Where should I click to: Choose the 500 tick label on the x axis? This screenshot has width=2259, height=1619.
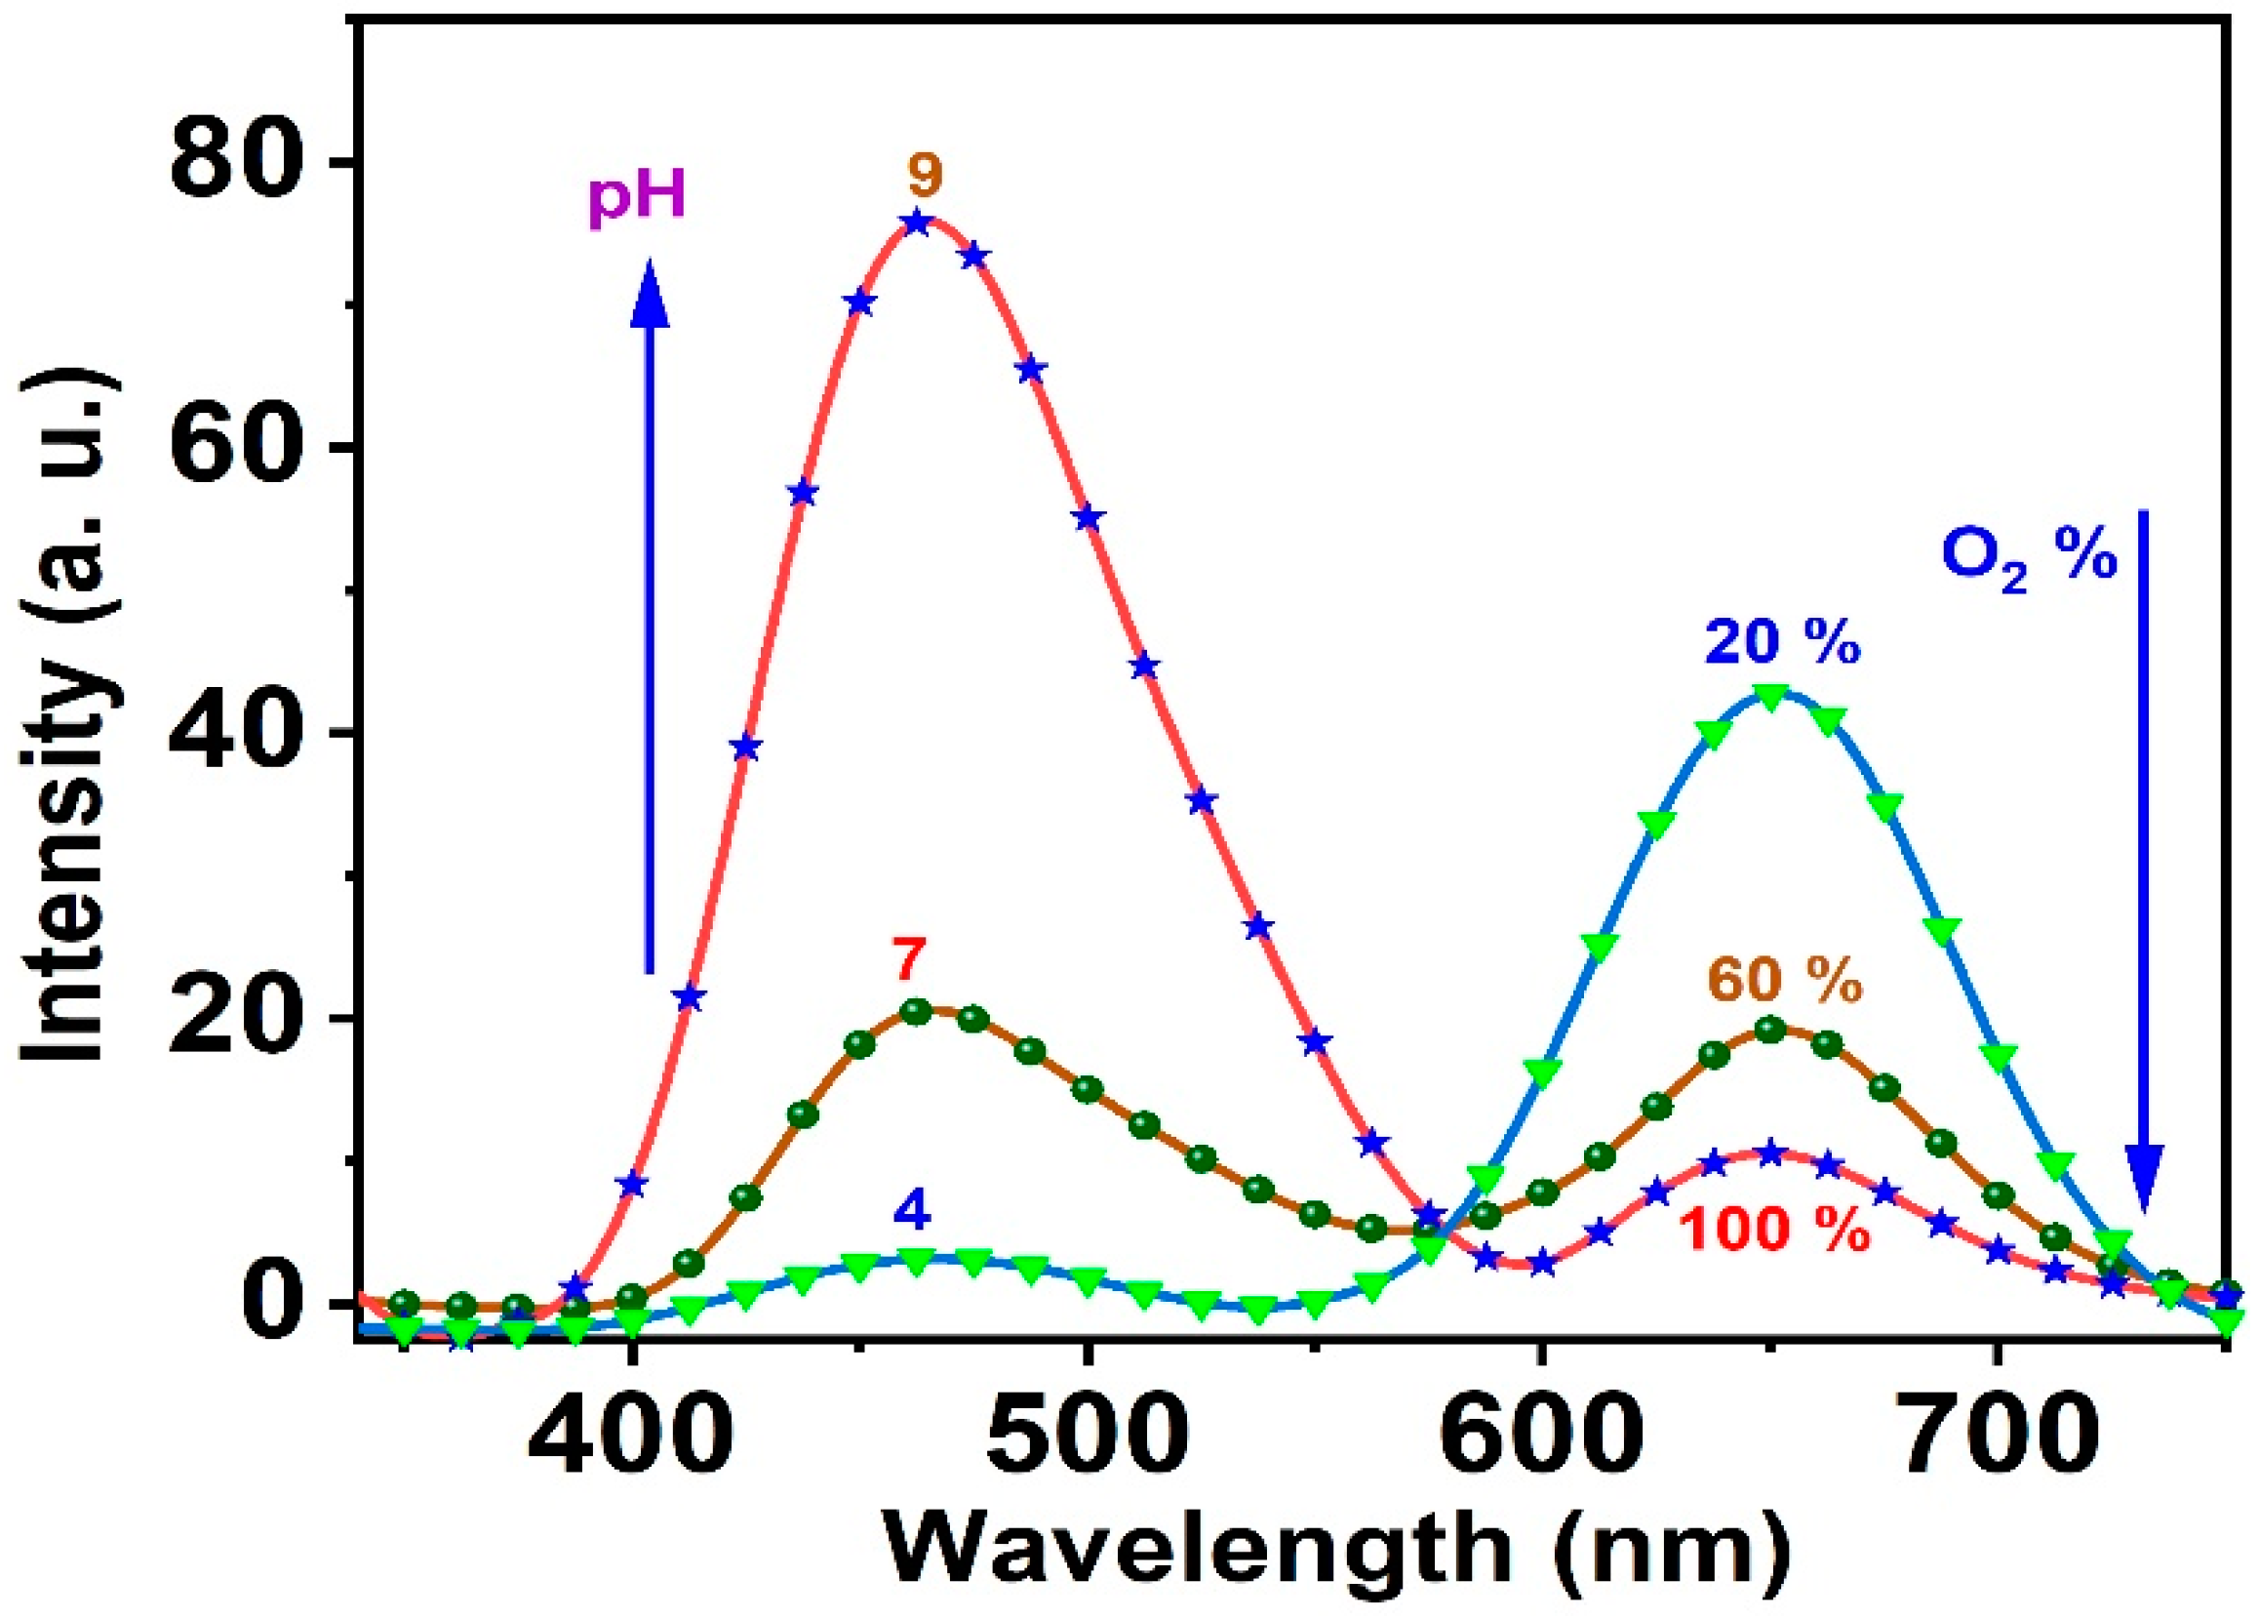1087,1436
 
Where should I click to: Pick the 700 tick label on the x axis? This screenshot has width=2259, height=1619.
1995,1436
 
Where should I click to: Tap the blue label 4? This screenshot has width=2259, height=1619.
911,1211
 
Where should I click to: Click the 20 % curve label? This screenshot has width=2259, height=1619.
1782,642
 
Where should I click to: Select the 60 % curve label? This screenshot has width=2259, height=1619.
1784,983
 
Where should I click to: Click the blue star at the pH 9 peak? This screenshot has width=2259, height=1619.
917,223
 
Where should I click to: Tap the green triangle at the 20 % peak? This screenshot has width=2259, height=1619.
1769,698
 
